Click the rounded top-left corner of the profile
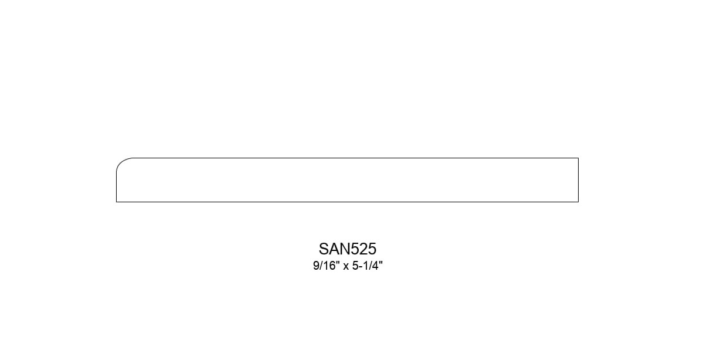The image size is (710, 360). tap(121, 162)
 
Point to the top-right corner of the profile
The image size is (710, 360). tap(579, 158)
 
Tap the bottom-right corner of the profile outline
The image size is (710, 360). tap(579, 202)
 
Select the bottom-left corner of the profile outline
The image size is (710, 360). tap(116, 202)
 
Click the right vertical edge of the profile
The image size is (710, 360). tap(579, 179)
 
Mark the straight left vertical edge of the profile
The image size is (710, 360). tap(116, 188)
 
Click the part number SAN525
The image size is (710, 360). tap(348, 249)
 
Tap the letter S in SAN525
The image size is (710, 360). tap(324, 249)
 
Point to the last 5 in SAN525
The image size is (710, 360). tap(372, 249)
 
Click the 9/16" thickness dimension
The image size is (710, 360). tap(327, 266)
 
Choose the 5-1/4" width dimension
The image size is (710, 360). tap(368, 266)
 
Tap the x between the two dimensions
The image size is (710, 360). tap(346, 267)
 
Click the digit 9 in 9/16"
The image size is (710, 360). tap(316, 266)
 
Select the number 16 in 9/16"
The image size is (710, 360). tap(328, 266)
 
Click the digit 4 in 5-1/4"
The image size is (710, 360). tap(376, 266)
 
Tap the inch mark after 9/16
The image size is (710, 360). tap(338, 263)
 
